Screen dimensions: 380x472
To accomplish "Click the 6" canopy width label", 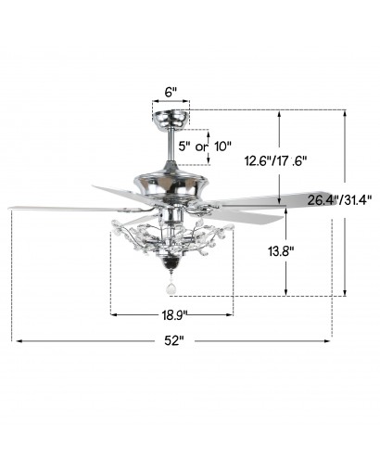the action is tap(171, 92).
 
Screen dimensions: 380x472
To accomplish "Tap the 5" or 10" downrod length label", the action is tap(205, 147).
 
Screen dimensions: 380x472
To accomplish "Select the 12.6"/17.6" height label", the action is tap(275, 160).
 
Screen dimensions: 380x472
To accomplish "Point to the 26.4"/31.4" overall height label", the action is tap(339, 200).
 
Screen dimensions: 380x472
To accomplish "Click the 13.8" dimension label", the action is tap(281, 251).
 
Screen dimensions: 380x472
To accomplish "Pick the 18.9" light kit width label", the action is tap(175, 315).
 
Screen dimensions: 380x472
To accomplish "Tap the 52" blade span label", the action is tap(174, 341).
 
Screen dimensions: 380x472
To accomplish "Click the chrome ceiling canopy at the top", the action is tap(171, 119).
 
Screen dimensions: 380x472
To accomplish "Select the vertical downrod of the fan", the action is tap(171, 144).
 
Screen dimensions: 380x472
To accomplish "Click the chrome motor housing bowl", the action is tap(171, 184).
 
